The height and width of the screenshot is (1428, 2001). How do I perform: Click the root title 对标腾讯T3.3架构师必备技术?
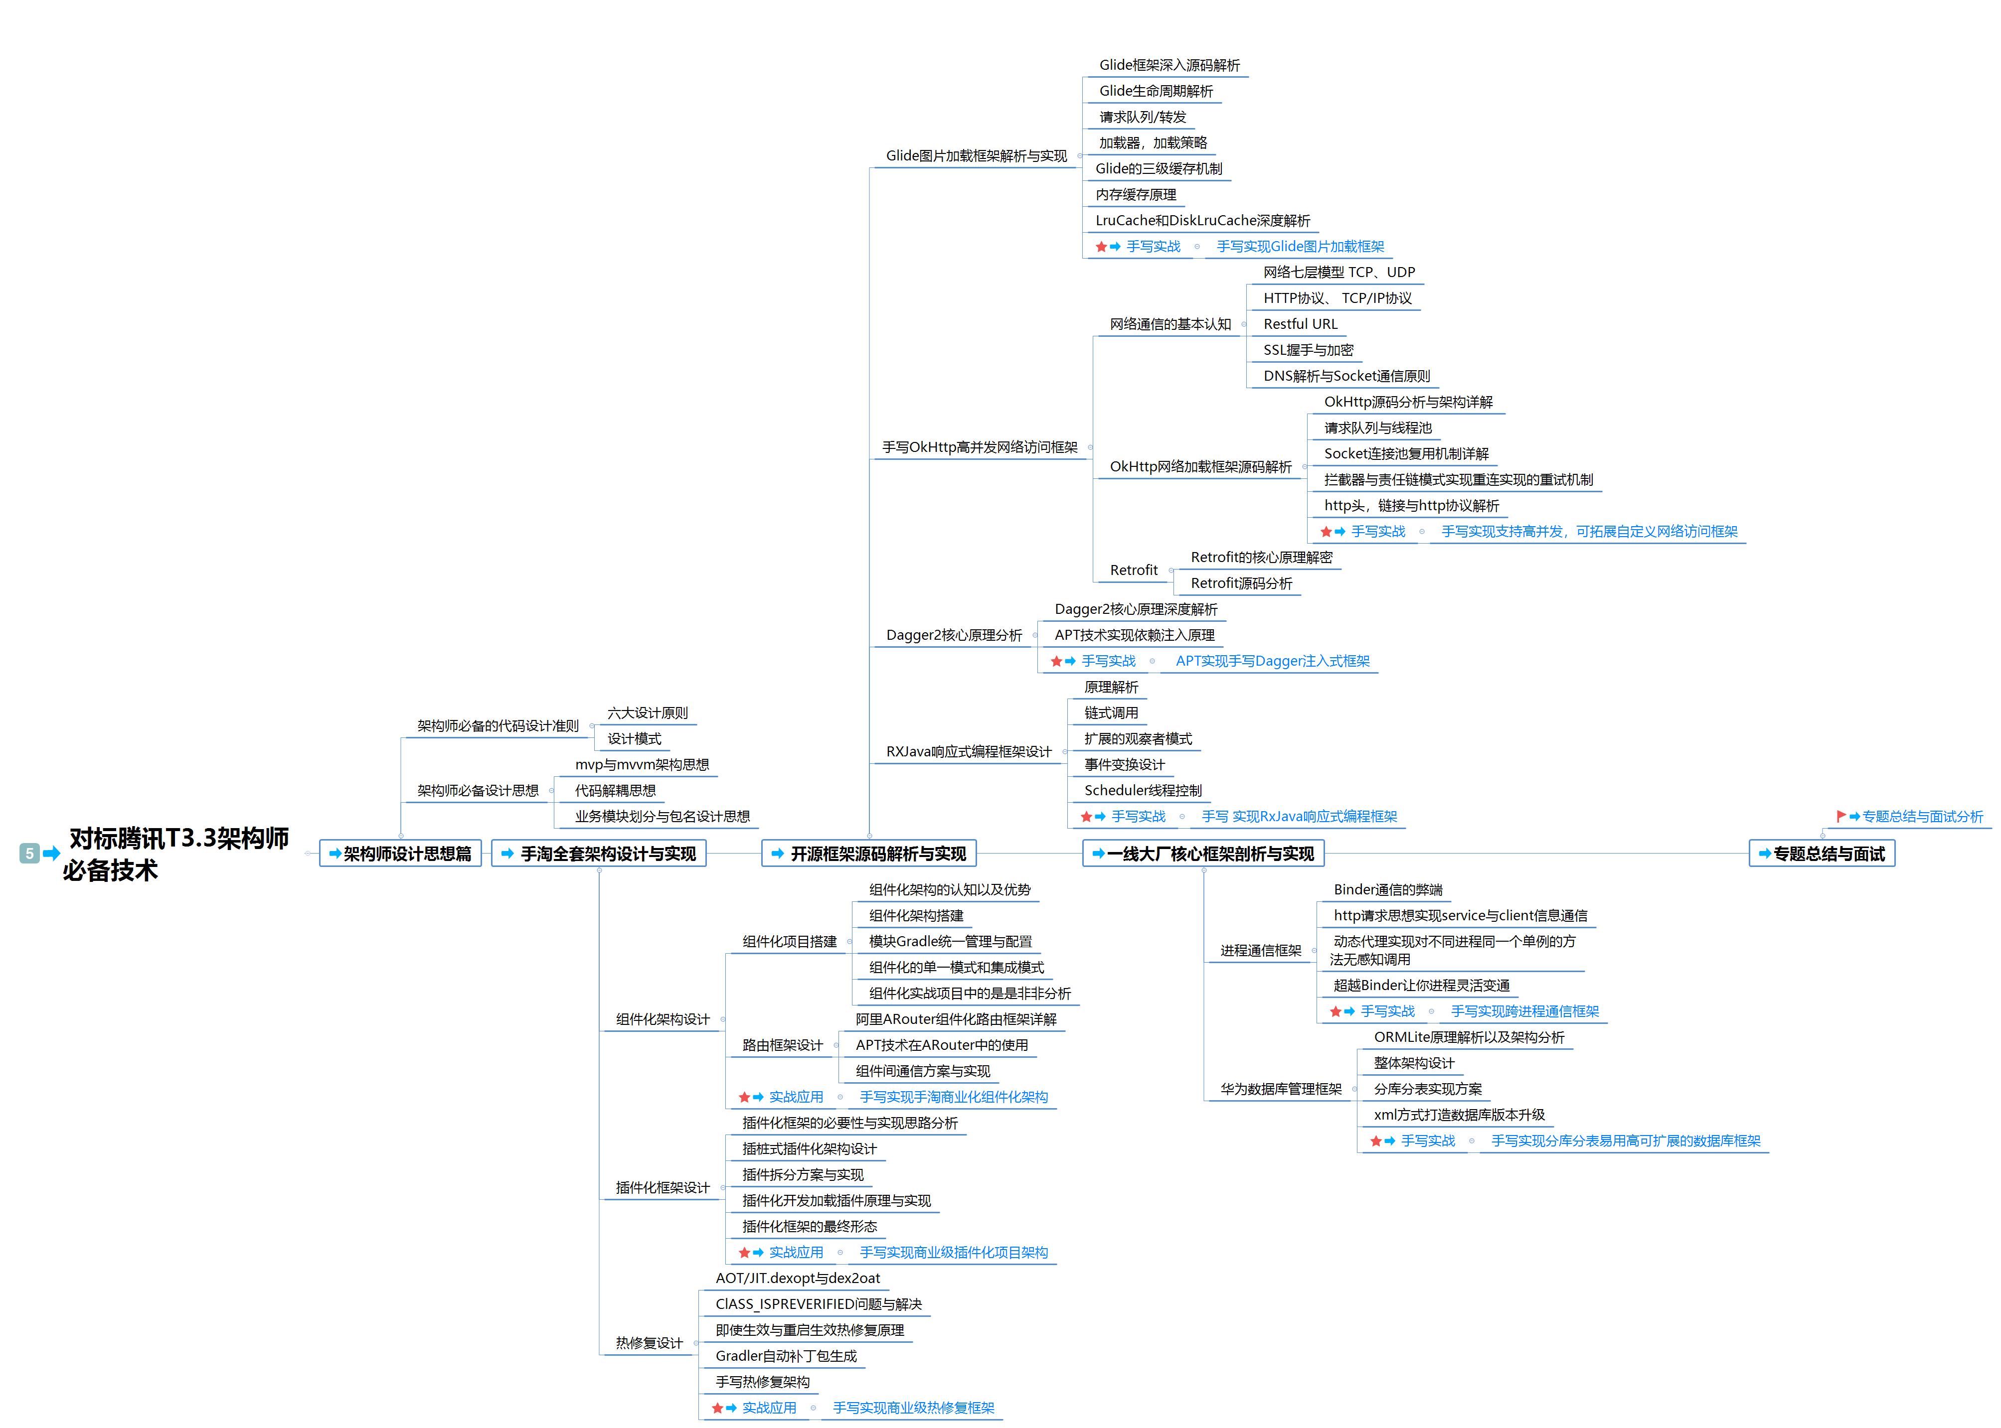[x=176, y=853]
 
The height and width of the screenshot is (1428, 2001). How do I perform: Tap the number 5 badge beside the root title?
[x=29, y=853]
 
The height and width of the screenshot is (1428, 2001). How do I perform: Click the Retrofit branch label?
[x=1134, y=571]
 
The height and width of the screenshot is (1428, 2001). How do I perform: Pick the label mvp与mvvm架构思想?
[x=642, y=765]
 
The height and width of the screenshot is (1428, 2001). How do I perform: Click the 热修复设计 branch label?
[x=649, y=1343]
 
